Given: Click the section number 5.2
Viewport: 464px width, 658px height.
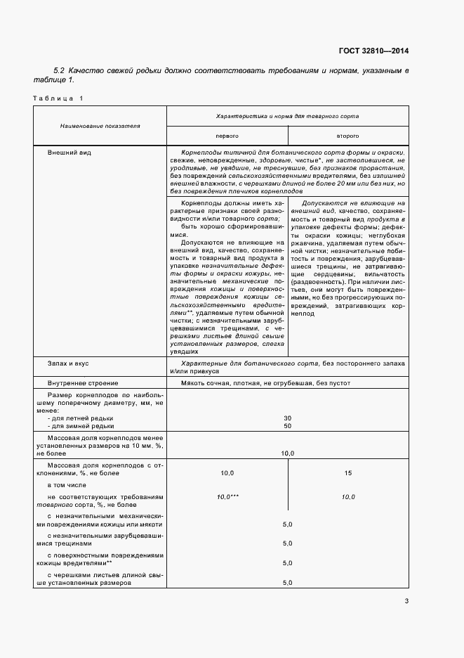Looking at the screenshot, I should [x=59, y=71].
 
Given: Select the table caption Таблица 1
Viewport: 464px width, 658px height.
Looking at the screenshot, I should [x=58, y=98].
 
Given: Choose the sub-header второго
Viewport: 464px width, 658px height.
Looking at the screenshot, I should [x=348, y=135].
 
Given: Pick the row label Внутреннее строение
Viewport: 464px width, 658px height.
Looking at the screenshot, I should [x=83, y=383].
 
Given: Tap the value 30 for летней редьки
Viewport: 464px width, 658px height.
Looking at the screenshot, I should [x=287, y=418].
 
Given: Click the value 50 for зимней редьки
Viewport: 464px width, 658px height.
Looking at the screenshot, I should [x=287, y=426].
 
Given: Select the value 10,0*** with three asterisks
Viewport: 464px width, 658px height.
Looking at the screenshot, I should [x=227, y=497].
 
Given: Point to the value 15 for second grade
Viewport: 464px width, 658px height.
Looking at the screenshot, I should [x=348, y=474].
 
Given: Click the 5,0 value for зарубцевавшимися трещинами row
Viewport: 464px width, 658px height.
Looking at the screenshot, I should [x=287, y=543].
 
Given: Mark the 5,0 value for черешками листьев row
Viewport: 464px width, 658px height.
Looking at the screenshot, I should [x=287, y=583].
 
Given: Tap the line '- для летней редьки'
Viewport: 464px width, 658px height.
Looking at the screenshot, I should [x=80, y=418].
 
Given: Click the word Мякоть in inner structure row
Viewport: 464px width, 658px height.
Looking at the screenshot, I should [x=192, y=383].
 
